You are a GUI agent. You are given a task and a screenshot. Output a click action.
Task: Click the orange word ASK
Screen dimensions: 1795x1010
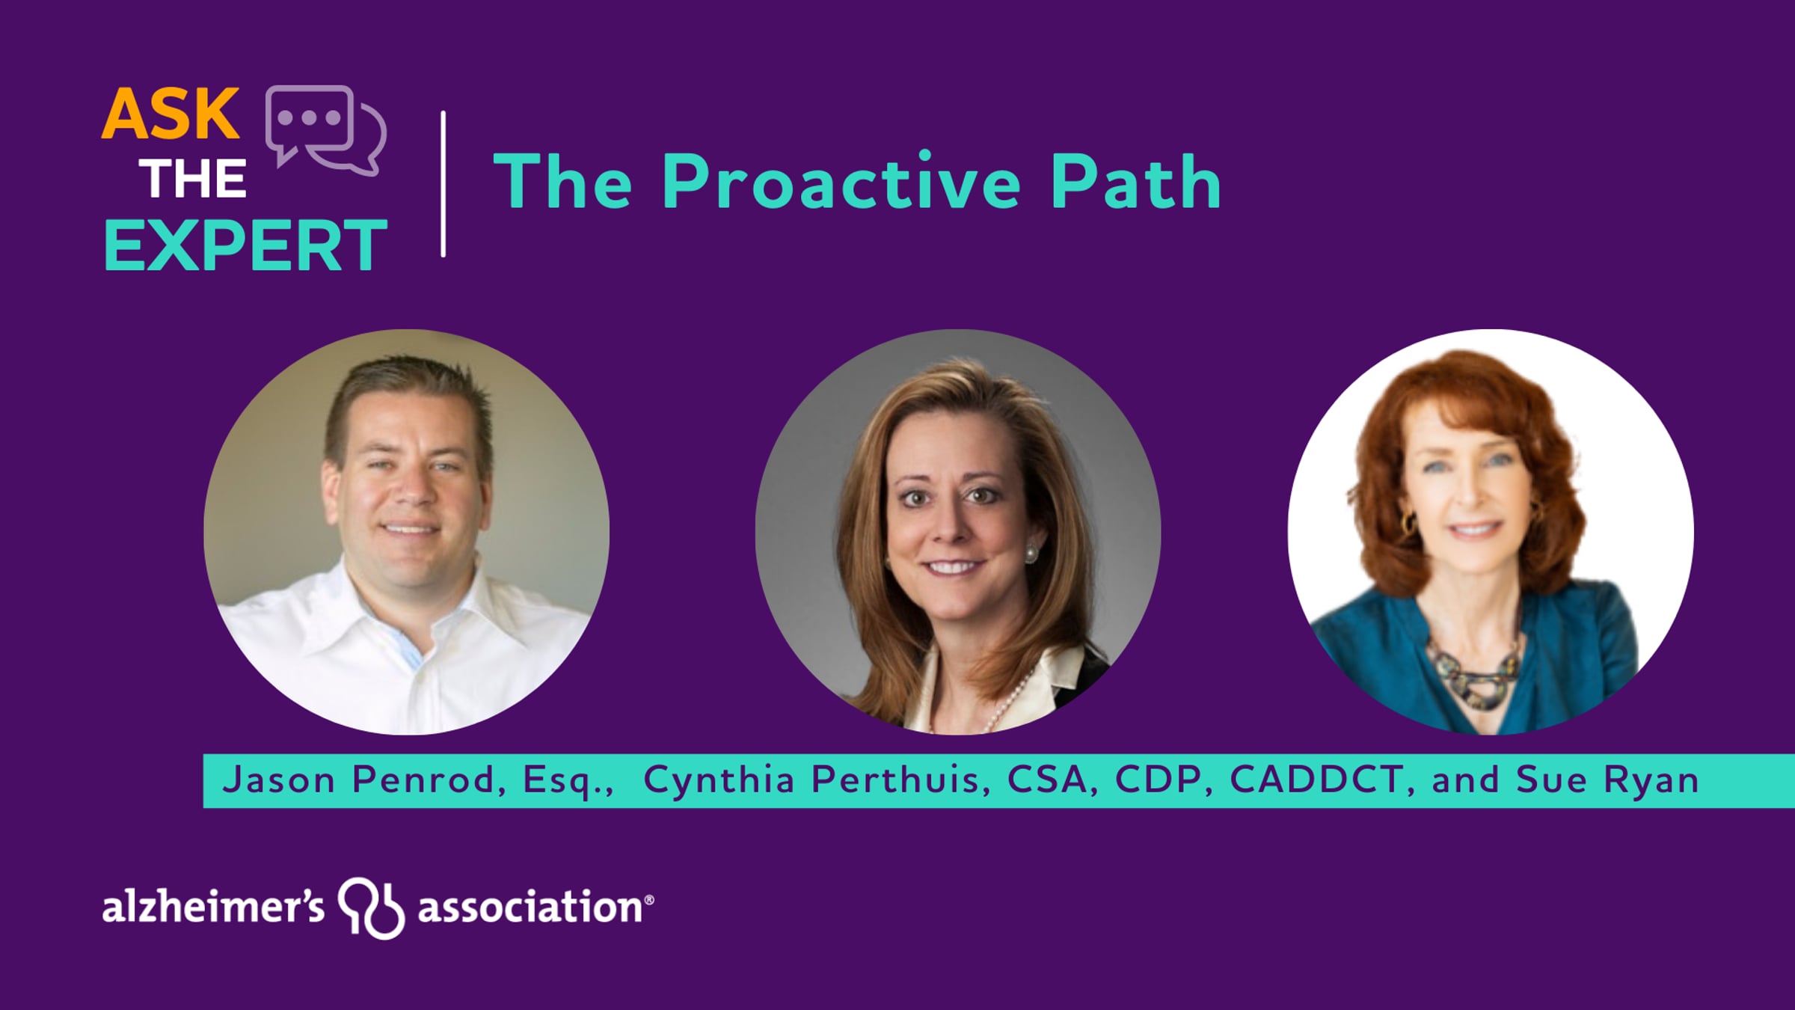point(171,114)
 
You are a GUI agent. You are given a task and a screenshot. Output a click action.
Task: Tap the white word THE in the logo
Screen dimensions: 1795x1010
point(193,180)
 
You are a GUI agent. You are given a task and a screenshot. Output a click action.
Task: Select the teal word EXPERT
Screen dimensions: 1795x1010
point(245,245)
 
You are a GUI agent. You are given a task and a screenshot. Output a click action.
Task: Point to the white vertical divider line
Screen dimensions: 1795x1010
point(444,184)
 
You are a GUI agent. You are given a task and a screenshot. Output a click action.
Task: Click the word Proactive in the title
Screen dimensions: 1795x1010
point(841,182)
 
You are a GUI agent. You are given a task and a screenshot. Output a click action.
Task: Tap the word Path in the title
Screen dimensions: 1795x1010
point(1135,182)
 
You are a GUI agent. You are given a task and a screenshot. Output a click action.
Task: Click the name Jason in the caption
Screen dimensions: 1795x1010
point(279,780)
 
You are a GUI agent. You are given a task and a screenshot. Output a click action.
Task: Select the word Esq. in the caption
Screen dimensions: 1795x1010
point(568,780)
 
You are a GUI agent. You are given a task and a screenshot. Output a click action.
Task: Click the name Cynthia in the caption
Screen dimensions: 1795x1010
point(719,781)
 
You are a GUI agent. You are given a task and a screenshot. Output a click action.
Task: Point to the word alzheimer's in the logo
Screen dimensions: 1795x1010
point(213,906)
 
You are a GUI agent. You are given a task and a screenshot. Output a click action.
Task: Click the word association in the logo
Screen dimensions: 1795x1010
point(530,906)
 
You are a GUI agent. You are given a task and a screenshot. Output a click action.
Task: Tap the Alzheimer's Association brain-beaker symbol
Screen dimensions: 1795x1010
point(371,908)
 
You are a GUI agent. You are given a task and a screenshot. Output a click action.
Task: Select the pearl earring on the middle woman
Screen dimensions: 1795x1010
point(1031,554)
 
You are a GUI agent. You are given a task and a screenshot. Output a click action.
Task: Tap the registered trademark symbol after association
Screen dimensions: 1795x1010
point(648,900)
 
